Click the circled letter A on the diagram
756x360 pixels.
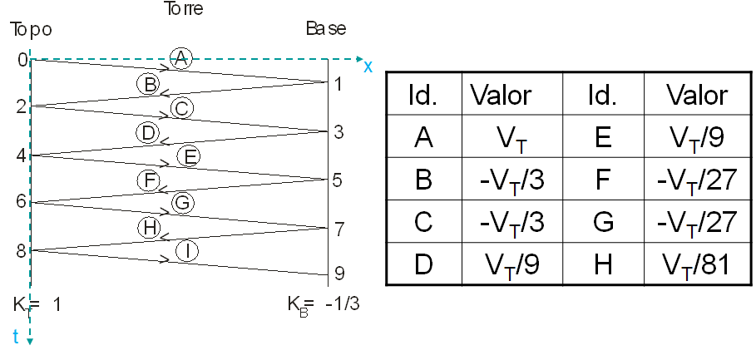(x=180, y=57)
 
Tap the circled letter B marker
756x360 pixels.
(x=149, y=83)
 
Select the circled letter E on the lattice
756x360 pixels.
(x=189, y=155)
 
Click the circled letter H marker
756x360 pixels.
(x=148, y=227)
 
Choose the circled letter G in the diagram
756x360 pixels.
(x=182, y=203)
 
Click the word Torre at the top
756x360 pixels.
(x=184, y=10)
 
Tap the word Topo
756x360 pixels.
(x=32, y=30)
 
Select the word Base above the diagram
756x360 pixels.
(x=326, y=29)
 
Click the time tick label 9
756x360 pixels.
(x=338, y=274)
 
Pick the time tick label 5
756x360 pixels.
(x=338, y=179)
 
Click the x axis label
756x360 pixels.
(x=368, y=66)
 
